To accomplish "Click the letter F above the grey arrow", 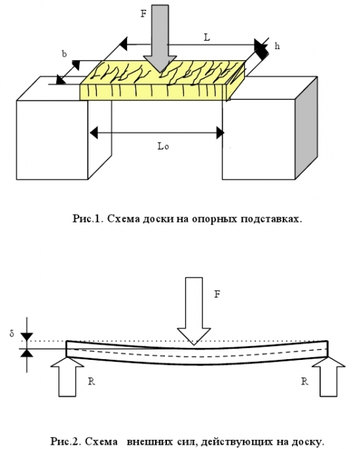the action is [x=143, y=13].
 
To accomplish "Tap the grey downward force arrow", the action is [x=160, y=37].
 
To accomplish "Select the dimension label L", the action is [x=207, y=37].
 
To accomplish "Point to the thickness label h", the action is [x=277, y=46].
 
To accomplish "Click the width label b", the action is [x=65, y=53].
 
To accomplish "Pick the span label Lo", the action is [x=164, y=146].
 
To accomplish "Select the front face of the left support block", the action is [x=52, y=140].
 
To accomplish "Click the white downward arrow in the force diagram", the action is [x=194, y=311].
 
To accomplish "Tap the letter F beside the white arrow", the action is [x=218, y=294].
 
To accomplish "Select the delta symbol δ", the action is [x=12, y=333].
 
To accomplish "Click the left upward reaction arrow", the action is [x=67, y=377].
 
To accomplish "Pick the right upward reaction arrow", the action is [x=328, y=377].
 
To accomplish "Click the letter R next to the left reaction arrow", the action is [x=91, y=382].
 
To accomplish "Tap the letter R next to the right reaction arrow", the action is [x=305, y=382].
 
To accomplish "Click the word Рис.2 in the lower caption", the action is [x=65, y=441].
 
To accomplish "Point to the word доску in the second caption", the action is [x=308, y=441].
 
